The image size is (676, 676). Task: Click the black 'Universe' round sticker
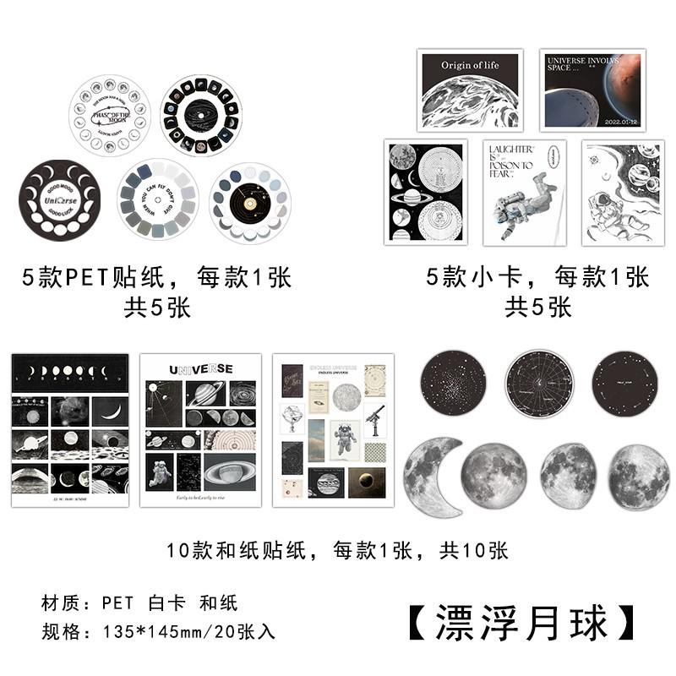(x=59, y=199)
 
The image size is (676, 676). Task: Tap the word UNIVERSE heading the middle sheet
(x=200, y=369)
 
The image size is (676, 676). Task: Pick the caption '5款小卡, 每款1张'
(x=537, y=277)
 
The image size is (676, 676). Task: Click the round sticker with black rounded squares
(x=201, y=116)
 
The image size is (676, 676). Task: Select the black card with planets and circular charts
(x=425, y=192)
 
